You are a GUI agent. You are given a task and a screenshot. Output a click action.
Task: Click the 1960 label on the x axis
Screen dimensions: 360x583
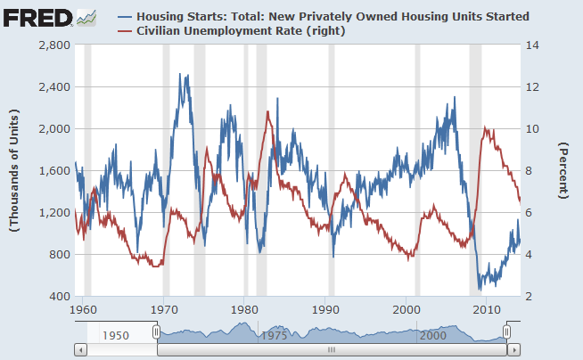(83, 310)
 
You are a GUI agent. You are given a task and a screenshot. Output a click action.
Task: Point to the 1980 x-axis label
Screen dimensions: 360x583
(244, 310)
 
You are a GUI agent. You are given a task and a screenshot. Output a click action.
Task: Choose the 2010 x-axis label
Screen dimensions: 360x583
(487, 310)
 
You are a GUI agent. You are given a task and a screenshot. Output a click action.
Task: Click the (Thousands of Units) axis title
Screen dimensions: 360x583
(15, 169)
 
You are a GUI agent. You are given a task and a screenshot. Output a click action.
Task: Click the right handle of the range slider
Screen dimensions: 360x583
(507, 331)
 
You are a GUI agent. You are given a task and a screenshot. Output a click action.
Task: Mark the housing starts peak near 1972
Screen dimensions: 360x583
(182, 75)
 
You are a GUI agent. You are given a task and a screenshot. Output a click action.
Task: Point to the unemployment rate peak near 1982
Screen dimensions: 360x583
(267, 111)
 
